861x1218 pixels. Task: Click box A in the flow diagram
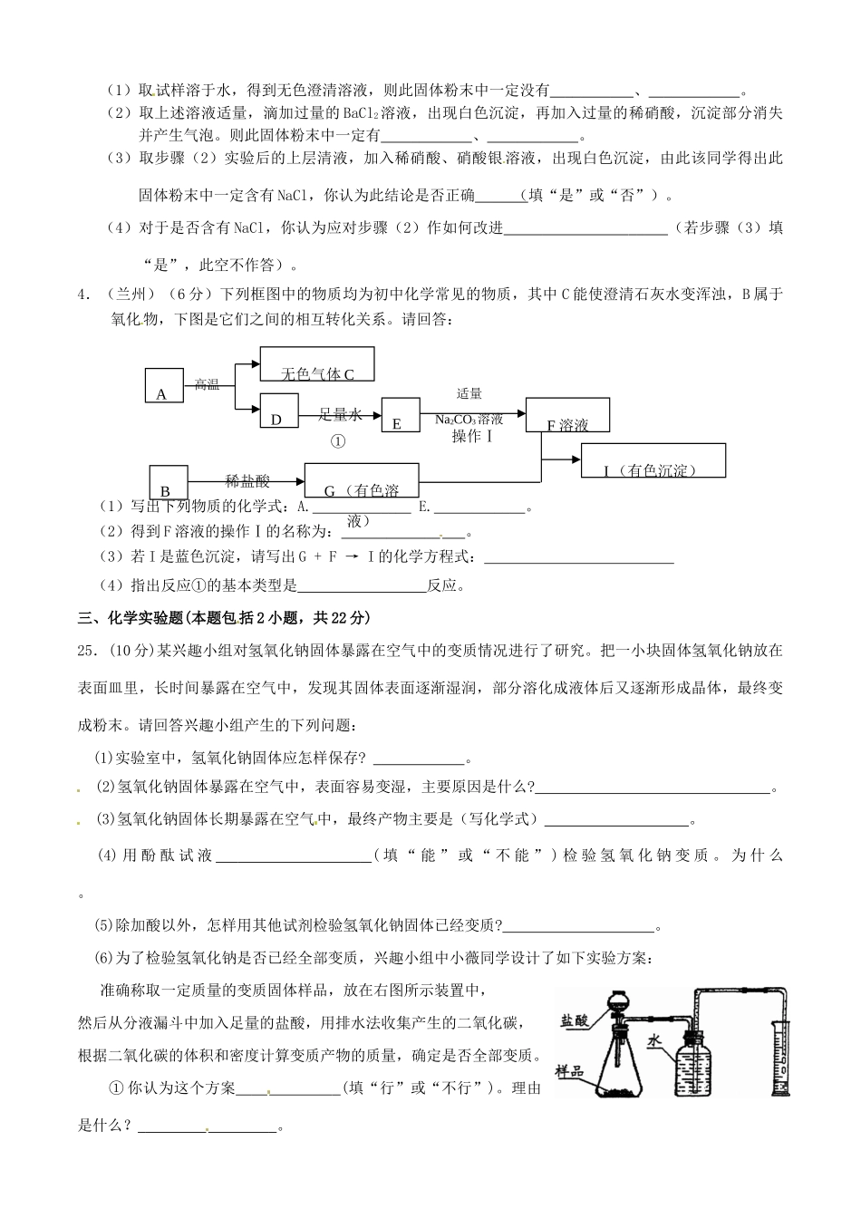coord(163,385)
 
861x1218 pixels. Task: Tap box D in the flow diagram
coord(278,411)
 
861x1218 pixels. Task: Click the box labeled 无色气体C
coord(317,365)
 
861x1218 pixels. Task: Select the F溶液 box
coord(567,416)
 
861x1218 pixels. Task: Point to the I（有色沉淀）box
coord(653,460)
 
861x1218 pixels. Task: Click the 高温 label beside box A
coord(208,384)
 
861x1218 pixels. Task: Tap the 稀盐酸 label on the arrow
coord(248,481)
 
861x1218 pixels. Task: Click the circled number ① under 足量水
coord(338,442)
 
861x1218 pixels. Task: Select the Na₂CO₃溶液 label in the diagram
coord(469,420)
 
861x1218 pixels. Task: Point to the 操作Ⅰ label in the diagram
coord(471,437)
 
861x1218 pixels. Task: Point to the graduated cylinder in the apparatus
coord(782,1060)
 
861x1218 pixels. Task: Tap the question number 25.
coord(89,650)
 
